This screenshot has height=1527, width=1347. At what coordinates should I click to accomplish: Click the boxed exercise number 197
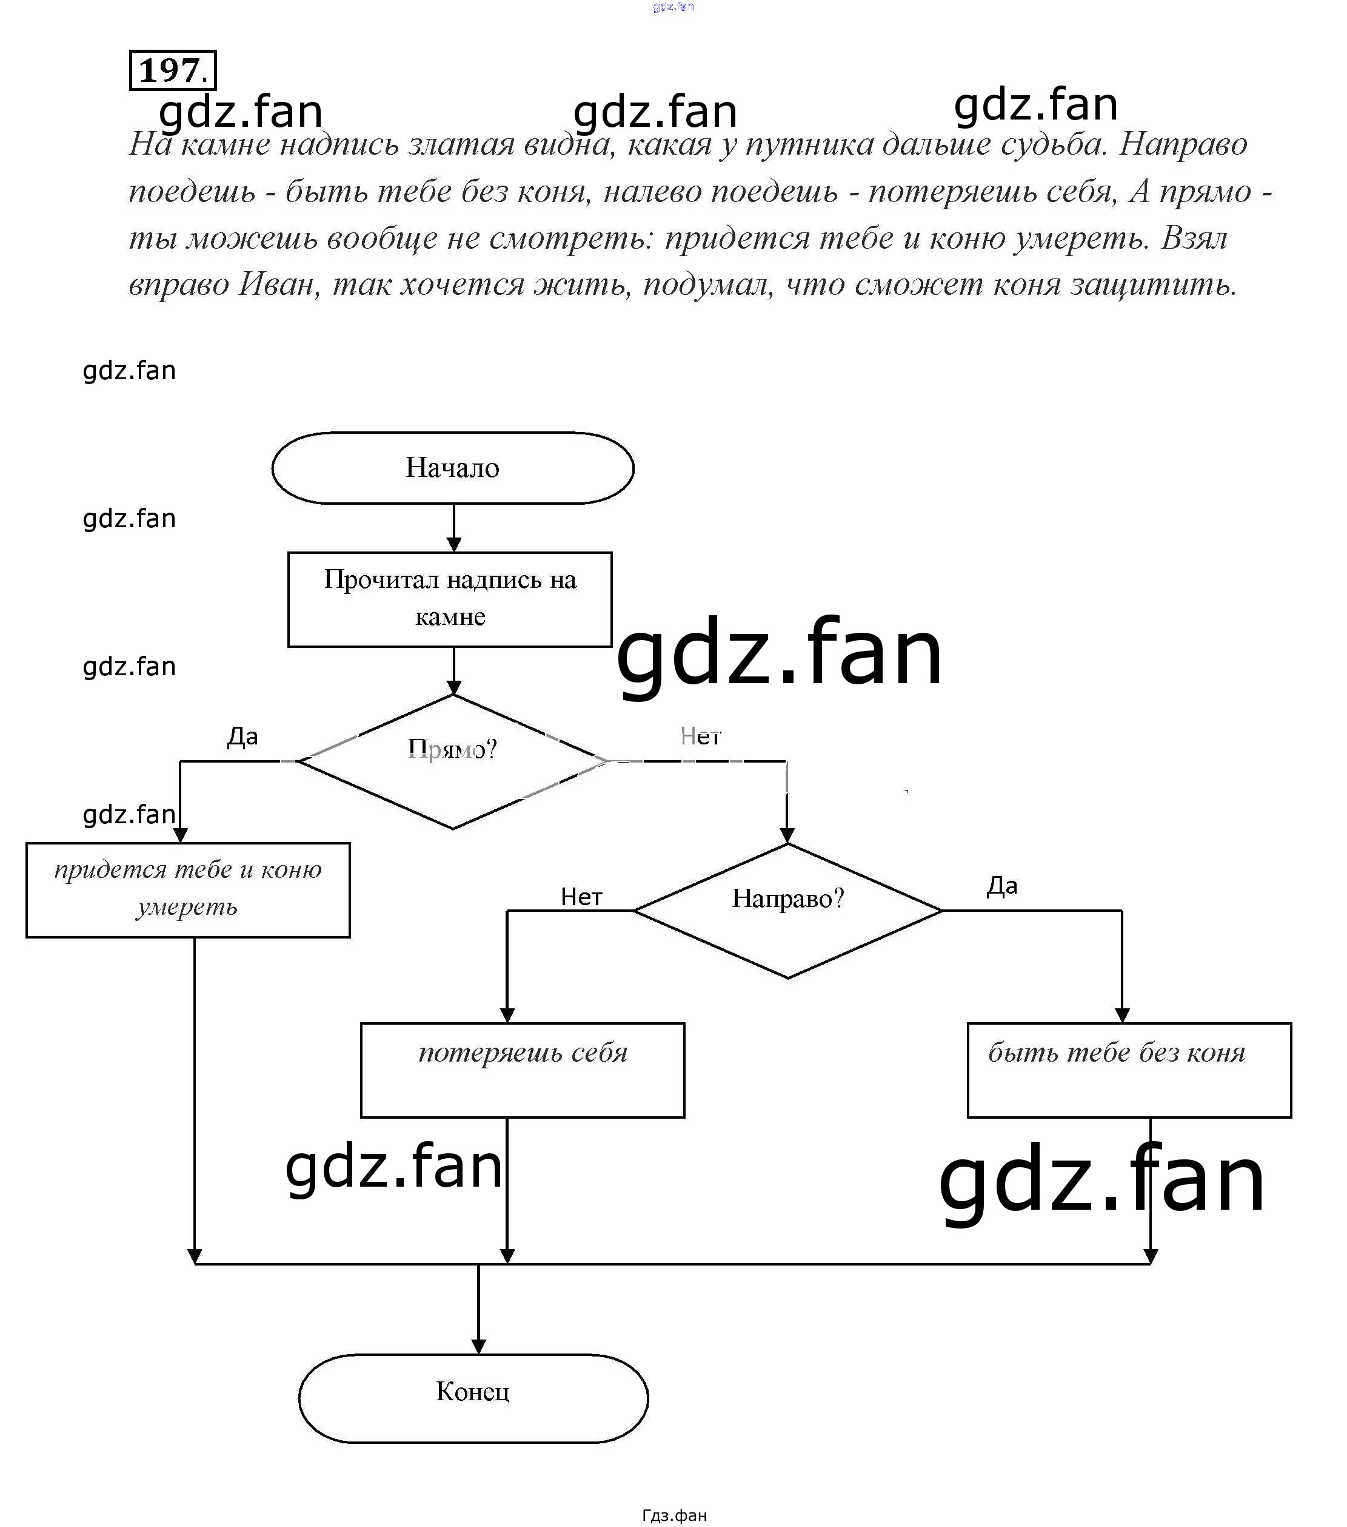173,71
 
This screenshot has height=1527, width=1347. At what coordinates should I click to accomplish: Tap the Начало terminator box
452,468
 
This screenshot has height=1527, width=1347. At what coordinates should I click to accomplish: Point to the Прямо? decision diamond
452,761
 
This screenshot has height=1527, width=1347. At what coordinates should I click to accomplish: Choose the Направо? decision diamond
787,910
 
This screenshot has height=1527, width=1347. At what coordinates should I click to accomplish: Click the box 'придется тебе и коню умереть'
187,890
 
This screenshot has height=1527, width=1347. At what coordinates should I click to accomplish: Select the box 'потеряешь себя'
522,1070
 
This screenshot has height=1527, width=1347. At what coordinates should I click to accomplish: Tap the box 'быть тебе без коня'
1129,1070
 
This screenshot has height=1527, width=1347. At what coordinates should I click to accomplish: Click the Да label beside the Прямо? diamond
242,737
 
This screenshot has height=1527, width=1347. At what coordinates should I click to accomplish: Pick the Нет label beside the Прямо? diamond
700,737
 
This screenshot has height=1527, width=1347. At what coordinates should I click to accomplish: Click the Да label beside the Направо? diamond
1002,886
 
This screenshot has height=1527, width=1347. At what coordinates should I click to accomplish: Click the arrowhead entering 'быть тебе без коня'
1121,1015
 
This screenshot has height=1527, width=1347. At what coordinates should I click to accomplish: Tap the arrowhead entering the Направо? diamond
787,835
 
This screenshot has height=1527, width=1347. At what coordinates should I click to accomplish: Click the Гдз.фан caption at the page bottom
673,1515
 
